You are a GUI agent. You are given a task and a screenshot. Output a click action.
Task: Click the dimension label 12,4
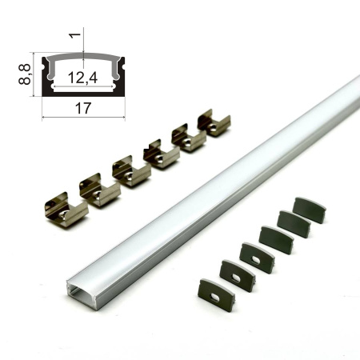82,78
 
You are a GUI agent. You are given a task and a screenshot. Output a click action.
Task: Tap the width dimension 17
83,108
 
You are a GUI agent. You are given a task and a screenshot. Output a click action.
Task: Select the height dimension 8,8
25,74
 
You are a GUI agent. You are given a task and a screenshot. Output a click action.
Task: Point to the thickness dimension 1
75,35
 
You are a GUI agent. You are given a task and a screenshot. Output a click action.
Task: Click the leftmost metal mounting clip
66,210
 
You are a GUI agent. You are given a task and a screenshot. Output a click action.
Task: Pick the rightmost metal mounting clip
214,122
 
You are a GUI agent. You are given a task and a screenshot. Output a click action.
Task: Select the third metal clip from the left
131,171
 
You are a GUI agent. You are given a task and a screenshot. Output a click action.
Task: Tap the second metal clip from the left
100,190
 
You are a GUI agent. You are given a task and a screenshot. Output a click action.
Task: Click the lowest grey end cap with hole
217,291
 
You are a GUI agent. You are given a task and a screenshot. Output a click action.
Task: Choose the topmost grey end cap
310,210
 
